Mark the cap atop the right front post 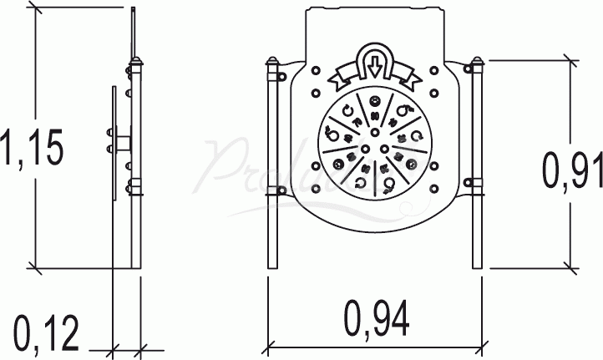click(477, 63)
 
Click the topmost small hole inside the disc click(375, 99)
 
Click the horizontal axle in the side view click(122, 138)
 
